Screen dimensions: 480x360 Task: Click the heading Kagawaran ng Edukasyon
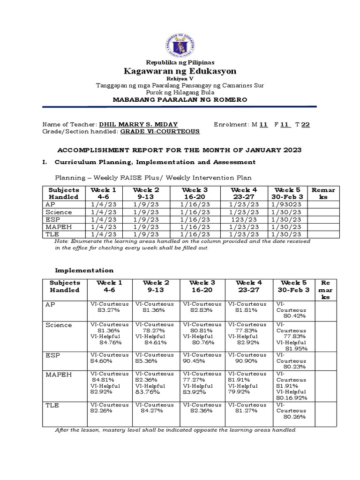180,71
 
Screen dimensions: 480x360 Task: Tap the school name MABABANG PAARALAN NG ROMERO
180,100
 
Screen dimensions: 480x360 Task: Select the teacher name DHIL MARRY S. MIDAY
138,124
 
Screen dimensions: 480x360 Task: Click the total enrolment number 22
305,124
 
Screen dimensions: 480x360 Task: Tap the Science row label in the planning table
59,212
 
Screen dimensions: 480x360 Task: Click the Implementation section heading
84,270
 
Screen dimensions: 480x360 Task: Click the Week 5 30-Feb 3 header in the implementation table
293,286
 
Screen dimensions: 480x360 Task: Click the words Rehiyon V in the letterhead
180,79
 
